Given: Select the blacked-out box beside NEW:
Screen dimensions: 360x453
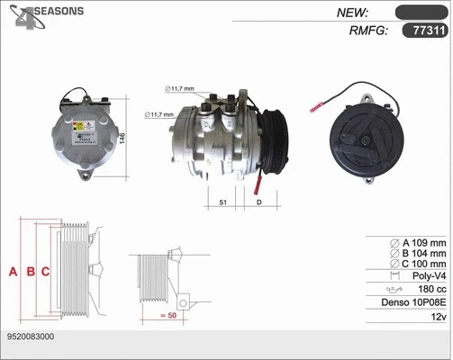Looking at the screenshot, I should tap(421, 13).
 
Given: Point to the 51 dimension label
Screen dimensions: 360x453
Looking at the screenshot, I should tap(222, 203).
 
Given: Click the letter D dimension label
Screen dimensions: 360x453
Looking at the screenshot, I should tap(258, 203).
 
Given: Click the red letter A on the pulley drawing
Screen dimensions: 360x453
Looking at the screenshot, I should tap(13, 271).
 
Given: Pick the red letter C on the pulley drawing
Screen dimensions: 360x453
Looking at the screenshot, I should tap(45, 271).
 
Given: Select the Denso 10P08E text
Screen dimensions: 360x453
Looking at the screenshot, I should tap(412, 304).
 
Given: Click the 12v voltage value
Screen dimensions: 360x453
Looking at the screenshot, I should tap(438, 319).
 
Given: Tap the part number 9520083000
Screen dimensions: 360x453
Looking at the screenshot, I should tap(29, 336).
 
